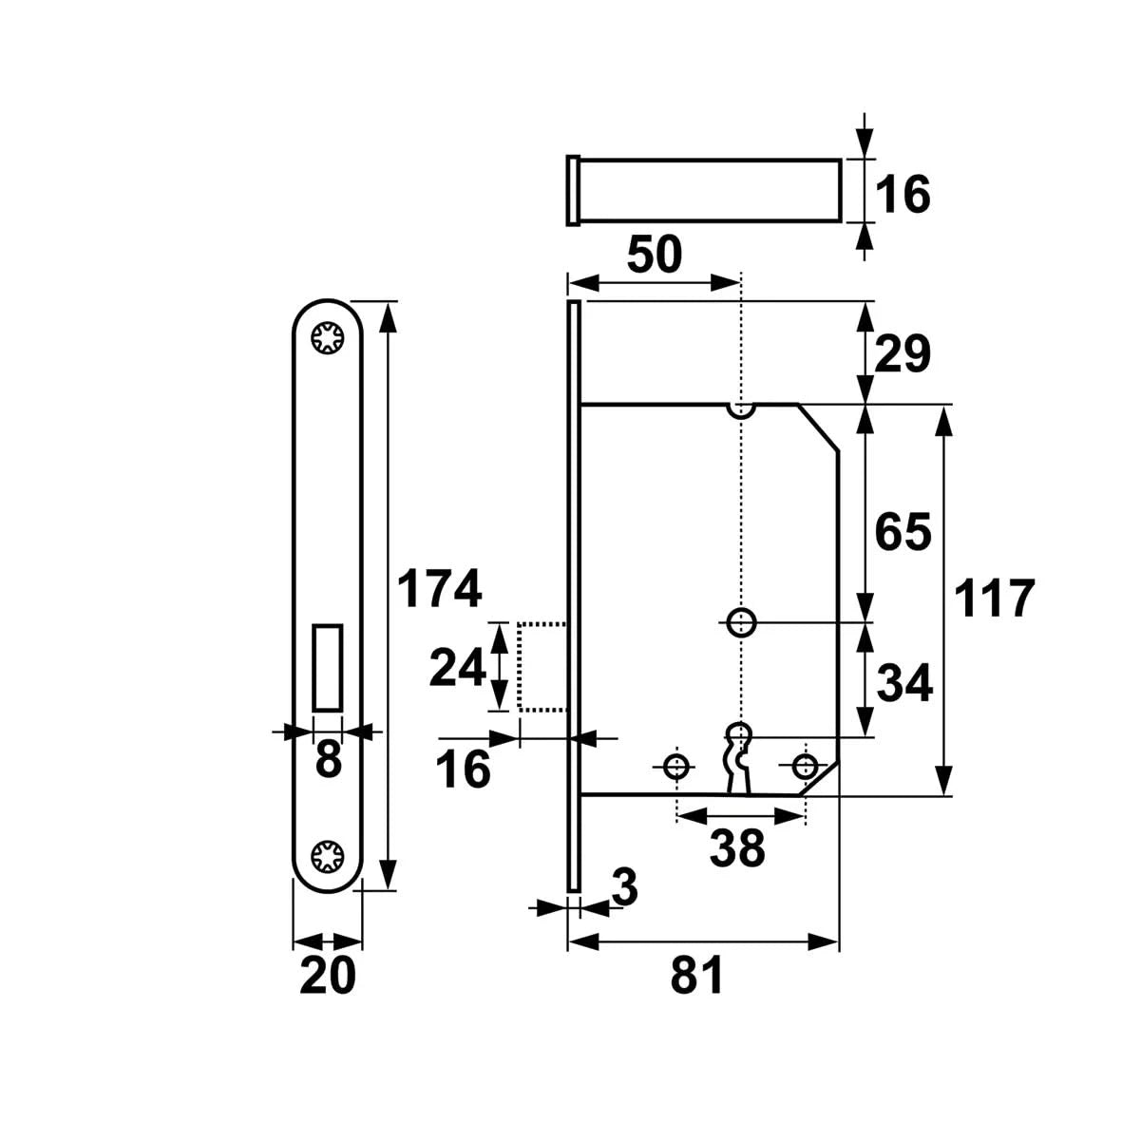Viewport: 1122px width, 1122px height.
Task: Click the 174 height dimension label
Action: pos(439,590)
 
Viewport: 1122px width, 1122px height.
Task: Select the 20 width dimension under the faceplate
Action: pos(327,976)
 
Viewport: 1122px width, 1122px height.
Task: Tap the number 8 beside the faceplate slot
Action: pos(328,760)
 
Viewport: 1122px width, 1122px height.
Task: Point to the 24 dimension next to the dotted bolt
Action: pos(458,667)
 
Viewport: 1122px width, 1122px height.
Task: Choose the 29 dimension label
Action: pos(902,355)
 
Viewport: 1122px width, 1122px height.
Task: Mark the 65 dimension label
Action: pos(902,532)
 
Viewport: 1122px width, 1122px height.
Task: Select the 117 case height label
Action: pos(994,599)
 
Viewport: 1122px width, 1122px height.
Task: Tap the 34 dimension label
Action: pos(902,683)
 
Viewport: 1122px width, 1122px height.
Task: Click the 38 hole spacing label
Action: pos(738,848)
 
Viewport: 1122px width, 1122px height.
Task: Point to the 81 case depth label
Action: pos(698,976)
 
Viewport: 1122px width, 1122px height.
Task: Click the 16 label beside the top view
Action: pos(902,195)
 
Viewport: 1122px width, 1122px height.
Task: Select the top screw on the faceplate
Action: pos(328,338)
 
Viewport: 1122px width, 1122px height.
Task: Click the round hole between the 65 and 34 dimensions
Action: pos(741,622)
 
